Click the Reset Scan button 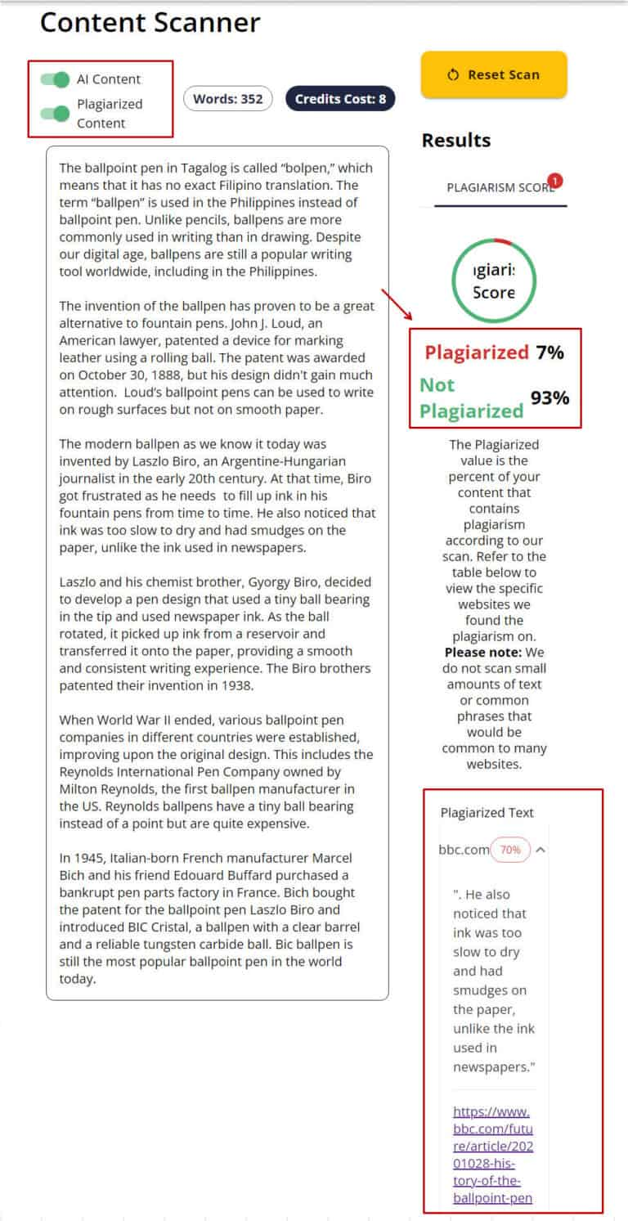tap(493, 74)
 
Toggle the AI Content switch tap(55, 79)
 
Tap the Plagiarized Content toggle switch tap(55, 113)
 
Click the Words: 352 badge tap(228, 99)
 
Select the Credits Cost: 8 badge tap(339, 99)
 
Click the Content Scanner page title tap(150, 23)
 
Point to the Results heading tap(455, 141)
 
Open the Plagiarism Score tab tap(500, 187)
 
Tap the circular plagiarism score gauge tap(494, 281)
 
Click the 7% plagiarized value tap(549, 352)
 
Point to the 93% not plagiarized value tap(549, 398)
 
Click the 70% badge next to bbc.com tap(510, 850)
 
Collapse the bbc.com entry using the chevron tap(541, 850)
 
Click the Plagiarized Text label tap(487, 812)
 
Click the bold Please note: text tap(483, 653)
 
